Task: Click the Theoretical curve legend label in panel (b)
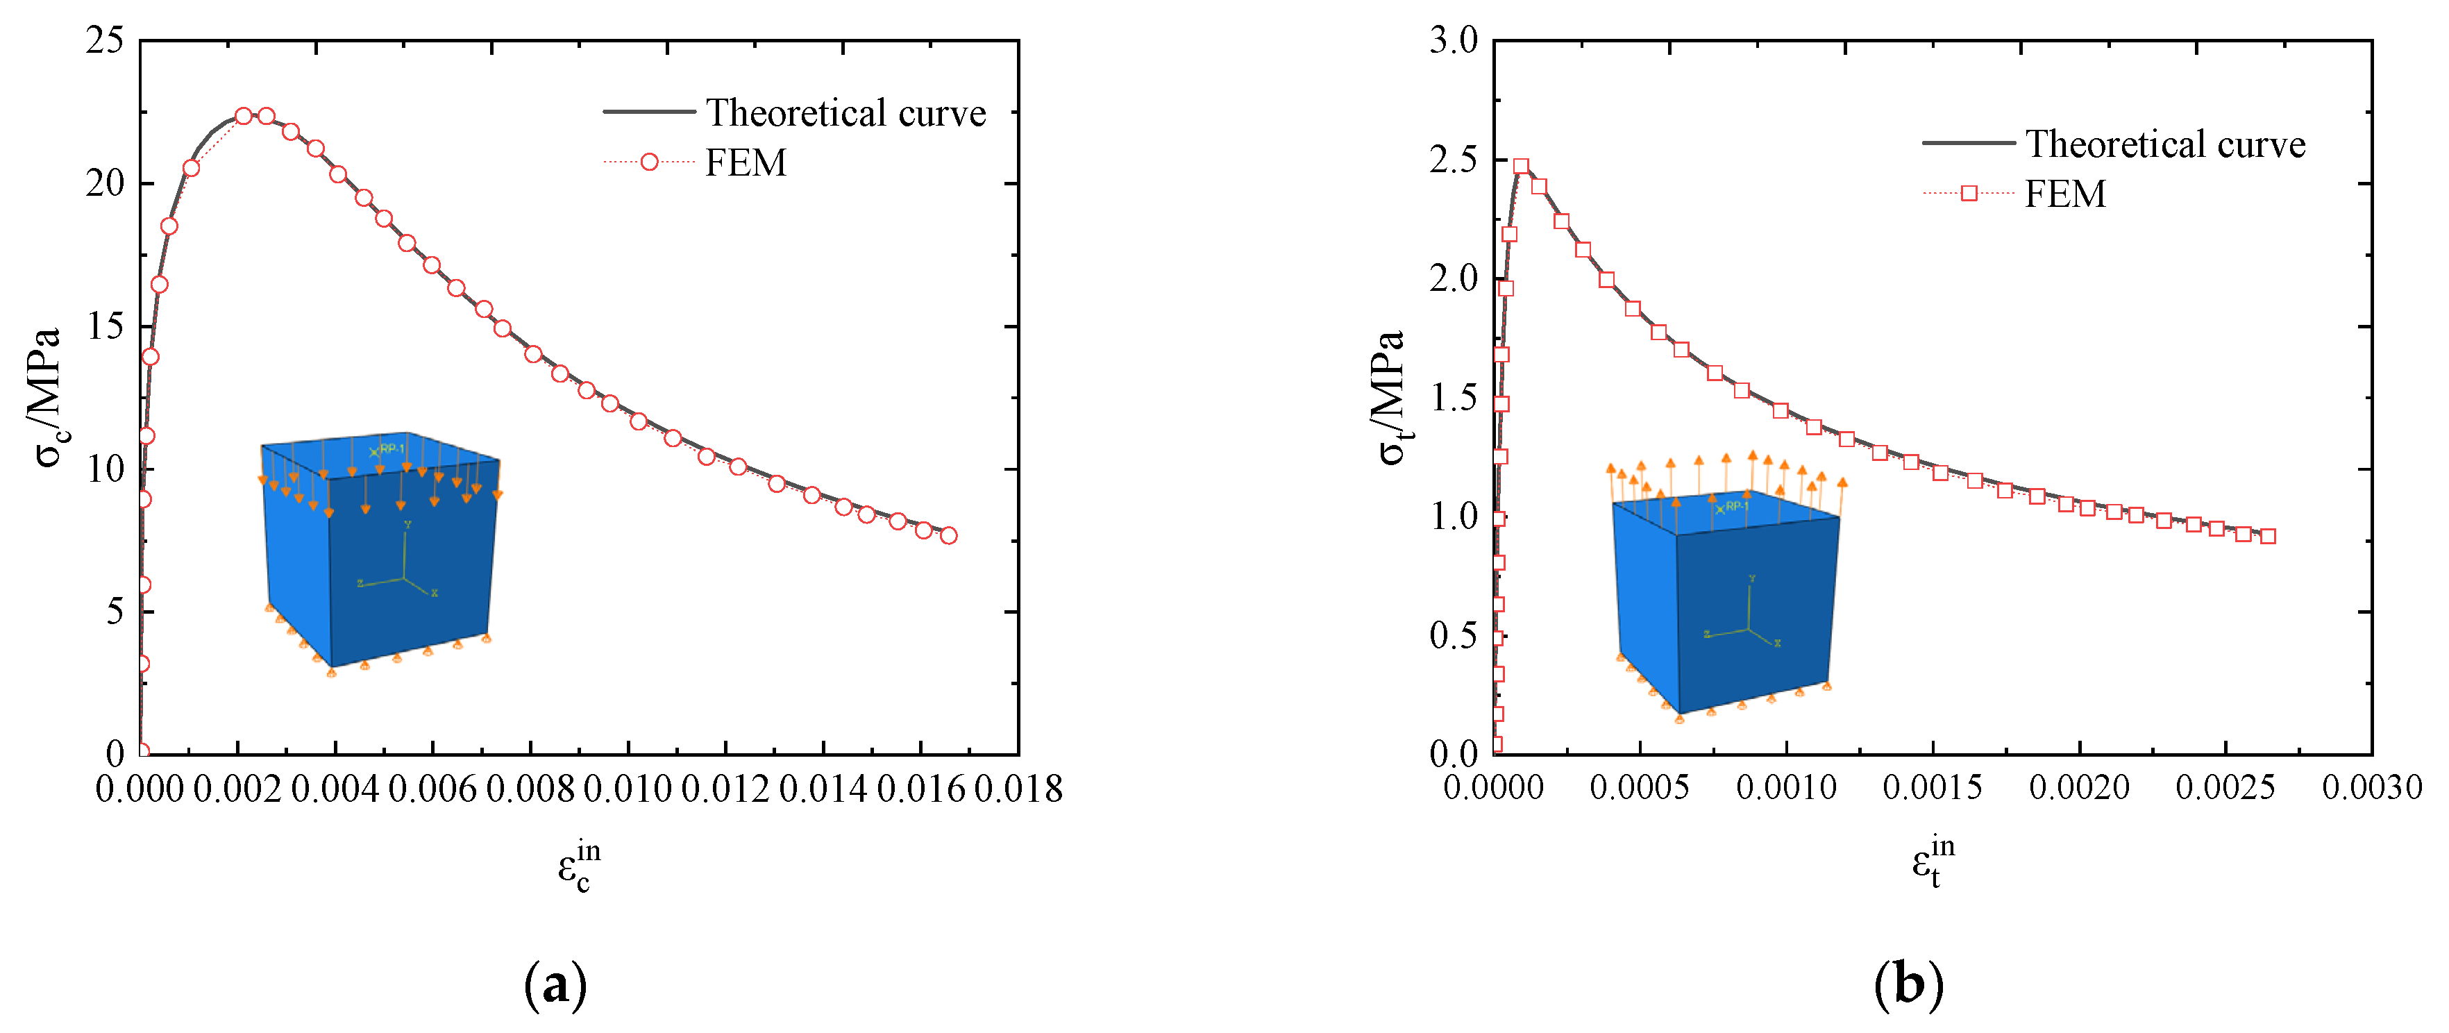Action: tap(2164, 144)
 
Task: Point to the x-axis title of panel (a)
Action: tap(579, 866)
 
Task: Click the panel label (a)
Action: tap(555, 985)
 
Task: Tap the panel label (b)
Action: tap(1908, 985)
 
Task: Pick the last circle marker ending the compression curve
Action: tap(948, 535)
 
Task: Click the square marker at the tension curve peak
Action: tap(1521, 167)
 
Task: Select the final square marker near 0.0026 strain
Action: tap(2267, 537)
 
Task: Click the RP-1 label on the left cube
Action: tap(392, 449)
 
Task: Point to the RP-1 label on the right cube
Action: tap(1736, 506)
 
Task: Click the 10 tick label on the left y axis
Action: tap(106, 469)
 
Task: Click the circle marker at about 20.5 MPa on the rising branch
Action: tap(191, 169)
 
